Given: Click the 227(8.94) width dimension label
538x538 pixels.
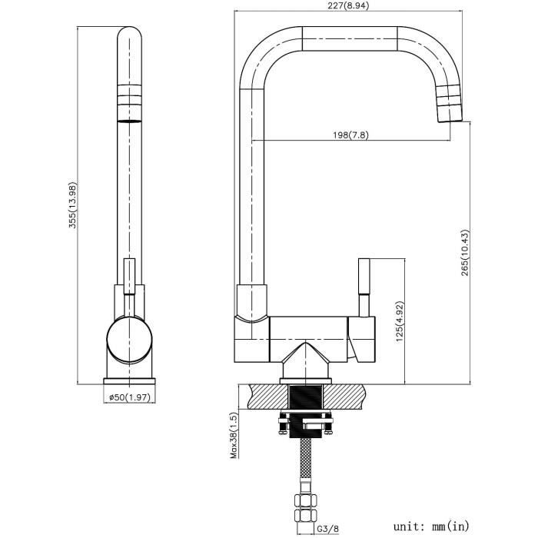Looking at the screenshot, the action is (x=348, y=5).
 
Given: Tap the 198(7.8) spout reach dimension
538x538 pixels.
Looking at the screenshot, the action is (x=350, y=134).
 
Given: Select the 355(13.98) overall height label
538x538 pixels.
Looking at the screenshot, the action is (x=73, y=205).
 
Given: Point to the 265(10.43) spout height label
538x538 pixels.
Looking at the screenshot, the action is (x=464, y=253).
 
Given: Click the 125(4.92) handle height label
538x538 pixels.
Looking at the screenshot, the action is (x=400, y=321).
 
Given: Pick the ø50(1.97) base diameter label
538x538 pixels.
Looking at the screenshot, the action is (x=130, y=397).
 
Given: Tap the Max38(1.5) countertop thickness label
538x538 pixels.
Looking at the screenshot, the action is (x=234, y=436).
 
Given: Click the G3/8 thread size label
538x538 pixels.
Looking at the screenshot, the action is (x=327, y=529).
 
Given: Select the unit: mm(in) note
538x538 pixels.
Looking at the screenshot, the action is (x=431, y=526).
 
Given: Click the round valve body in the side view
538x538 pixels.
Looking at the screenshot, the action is (x=129, y=340).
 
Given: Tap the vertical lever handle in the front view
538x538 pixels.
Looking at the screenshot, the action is (x=364, y=287).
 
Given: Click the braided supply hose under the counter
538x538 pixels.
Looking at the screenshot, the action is (x=306, y=460).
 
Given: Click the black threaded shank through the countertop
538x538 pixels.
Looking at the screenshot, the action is (x=306, y=412).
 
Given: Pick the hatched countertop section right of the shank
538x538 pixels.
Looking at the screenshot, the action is (x=343, y=397).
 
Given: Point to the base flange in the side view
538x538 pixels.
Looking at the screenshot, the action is (x=129, y=381).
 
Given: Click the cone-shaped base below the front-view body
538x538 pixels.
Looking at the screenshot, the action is (x=306, y=360).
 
